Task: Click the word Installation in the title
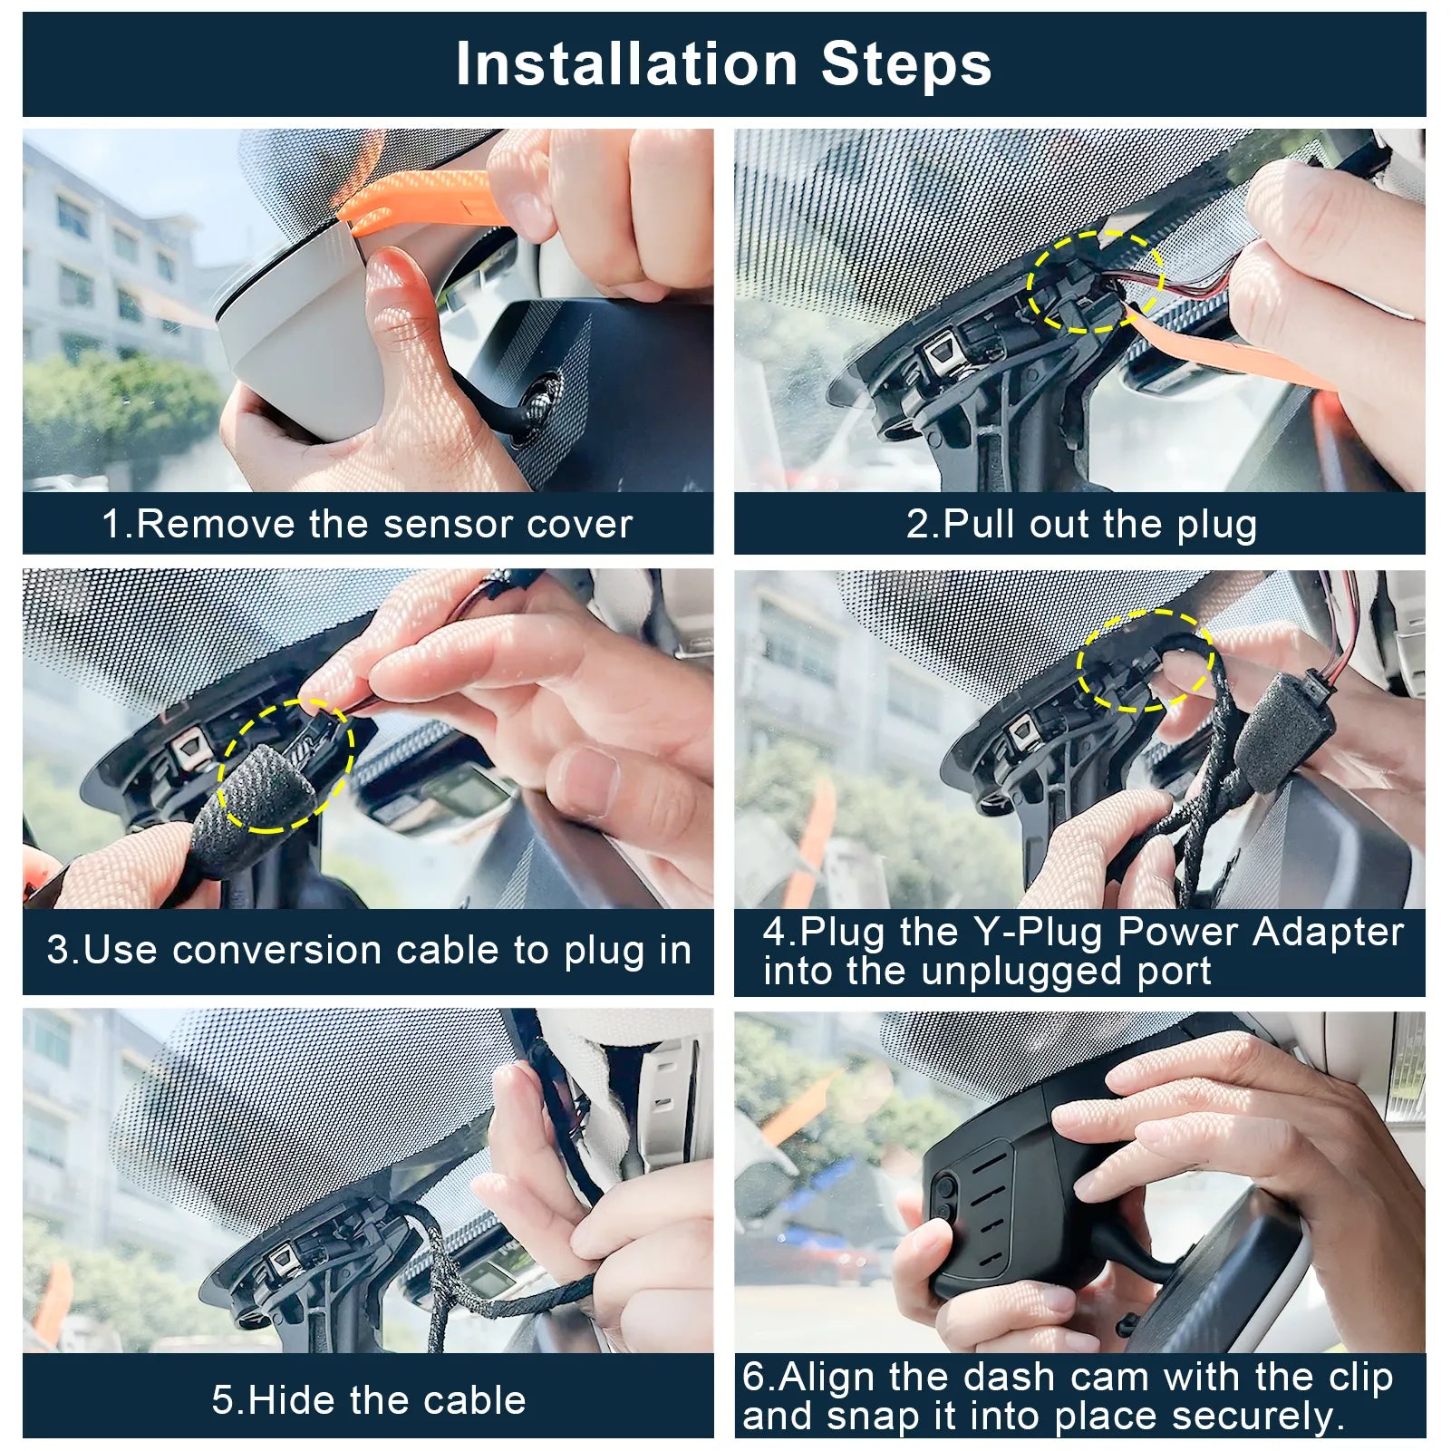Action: (x=625, y=64)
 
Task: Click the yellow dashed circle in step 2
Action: (x=1095, y=281)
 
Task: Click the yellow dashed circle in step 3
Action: (x=285, y=766)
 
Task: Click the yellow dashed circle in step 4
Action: (x=1145, y=660)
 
